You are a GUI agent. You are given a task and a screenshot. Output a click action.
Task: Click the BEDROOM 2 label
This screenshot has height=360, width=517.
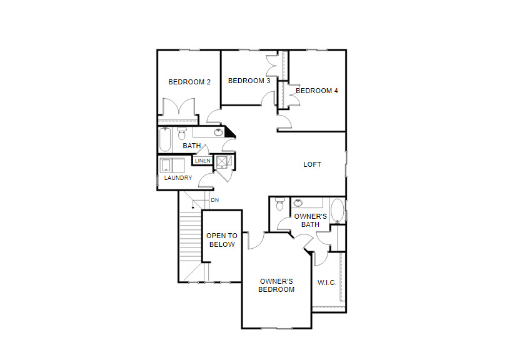189,82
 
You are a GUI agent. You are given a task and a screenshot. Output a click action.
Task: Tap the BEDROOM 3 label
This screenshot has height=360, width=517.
249,81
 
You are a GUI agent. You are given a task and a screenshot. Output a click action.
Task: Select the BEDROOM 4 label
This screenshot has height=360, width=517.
316,91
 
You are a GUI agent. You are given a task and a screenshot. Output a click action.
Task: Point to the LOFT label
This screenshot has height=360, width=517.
312,164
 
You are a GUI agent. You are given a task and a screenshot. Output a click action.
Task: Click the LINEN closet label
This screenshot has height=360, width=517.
203,161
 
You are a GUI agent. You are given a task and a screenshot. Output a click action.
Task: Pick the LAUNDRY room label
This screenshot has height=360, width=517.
178,177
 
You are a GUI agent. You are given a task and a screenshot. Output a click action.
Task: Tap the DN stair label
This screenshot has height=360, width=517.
214,200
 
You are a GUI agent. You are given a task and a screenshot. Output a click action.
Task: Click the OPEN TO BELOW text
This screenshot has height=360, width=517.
222,240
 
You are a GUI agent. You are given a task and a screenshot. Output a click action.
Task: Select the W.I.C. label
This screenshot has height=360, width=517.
327,282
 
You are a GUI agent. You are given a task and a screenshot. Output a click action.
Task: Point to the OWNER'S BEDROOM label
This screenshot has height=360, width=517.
276,286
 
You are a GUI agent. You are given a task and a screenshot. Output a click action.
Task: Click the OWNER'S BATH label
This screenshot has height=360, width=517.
310,220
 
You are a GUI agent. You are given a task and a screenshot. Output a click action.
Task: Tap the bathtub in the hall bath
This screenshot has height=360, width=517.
165,140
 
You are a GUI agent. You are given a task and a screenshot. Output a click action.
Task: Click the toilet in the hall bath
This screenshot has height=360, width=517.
181,133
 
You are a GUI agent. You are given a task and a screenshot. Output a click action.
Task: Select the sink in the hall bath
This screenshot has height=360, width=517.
218,132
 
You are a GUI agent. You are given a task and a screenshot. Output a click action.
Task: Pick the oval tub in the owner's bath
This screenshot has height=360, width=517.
338,211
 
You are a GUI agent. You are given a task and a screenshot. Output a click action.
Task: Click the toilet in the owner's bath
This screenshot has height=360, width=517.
279,204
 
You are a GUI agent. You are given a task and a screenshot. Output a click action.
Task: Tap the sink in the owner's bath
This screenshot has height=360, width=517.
298,202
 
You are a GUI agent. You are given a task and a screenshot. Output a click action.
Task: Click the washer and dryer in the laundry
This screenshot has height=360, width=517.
172,165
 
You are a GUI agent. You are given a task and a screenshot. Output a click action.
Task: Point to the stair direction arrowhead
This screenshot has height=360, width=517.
193,207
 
